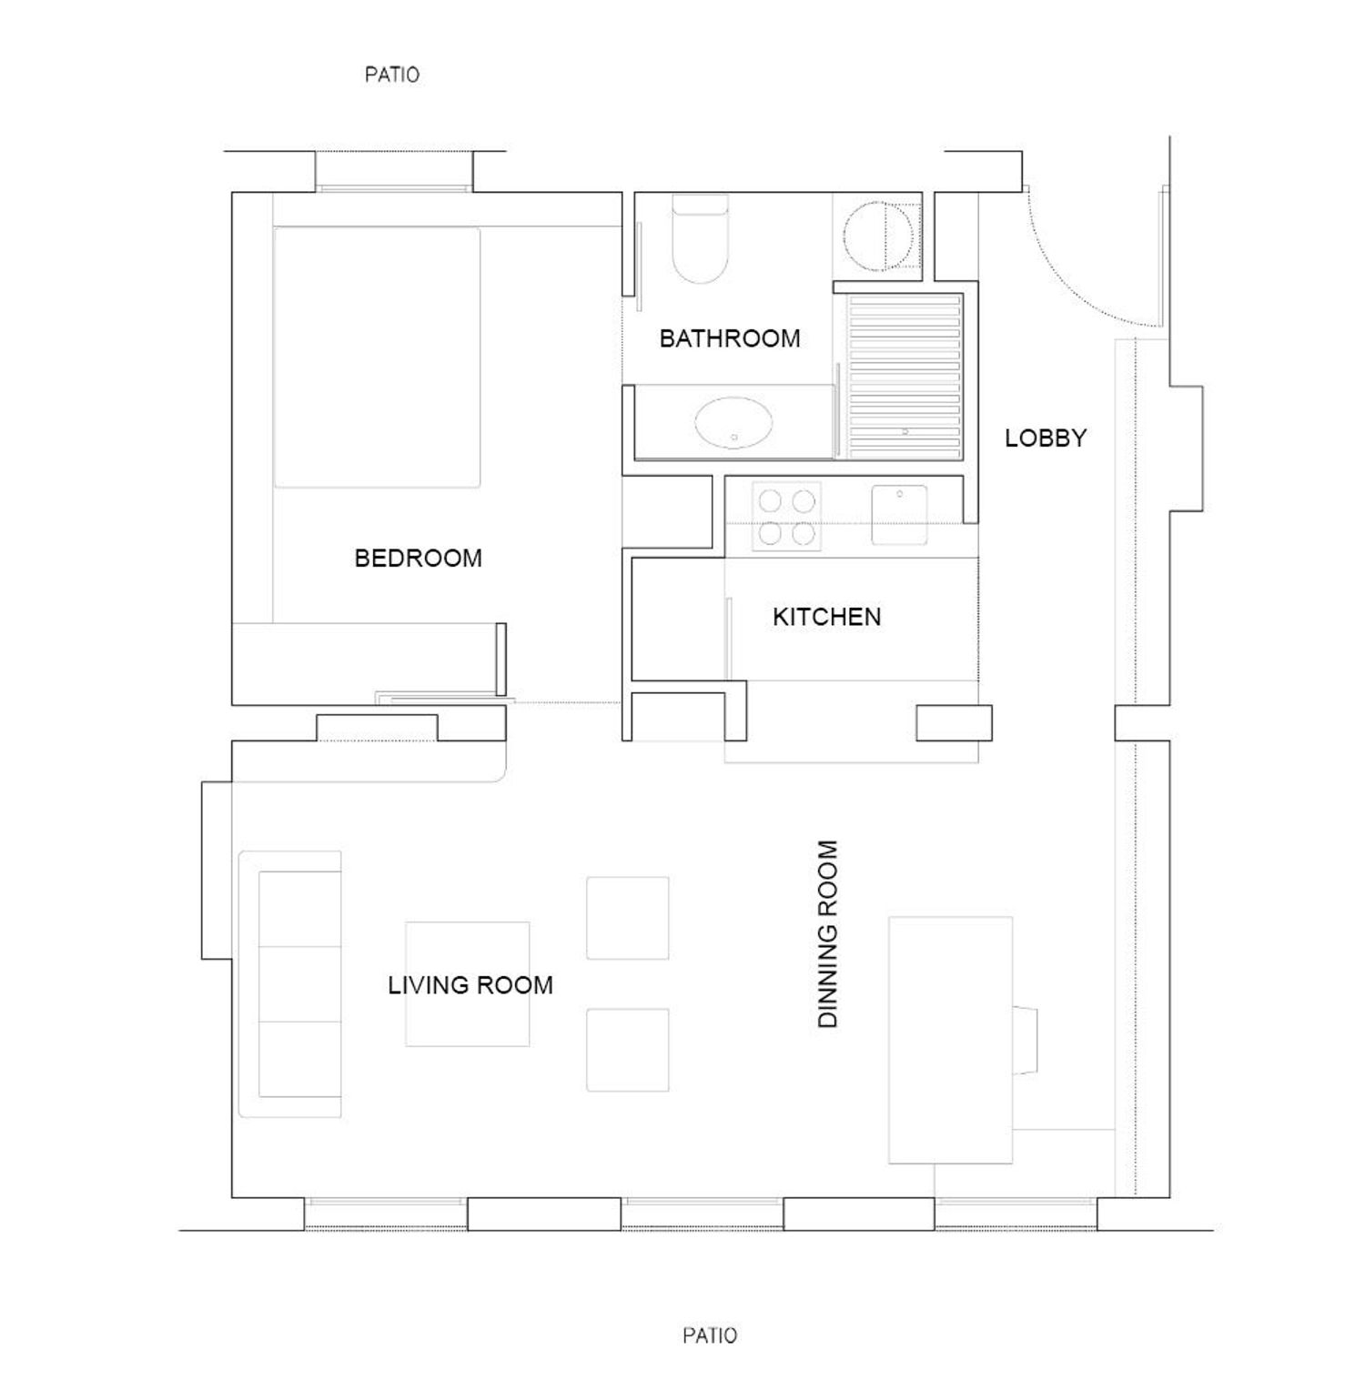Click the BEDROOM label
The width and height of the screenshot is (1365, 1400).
[418, 558]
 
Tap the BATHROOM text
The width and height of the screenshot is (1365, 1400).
[730, 338]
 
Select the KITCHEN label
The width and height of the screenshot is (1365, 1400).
[826, 617]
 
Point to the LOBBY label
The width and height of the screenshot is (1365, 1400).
[1046, 438]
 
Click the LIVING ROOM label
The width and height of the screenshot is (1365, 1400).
[470, 985]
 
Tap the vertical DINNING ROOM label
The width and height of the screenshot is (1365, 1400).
[827, 933]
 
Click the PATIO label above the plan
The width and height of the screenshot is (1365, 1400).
[392, 75]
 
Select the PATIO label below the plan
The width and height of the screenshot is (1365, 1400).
[710, 1335]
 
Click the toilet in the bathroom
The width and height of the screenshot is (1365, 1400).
[700, 238]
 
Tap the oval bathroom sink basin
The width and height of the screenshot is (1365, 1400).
[733, 423]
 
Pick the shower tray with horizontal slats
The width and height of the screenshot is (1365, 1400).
[905, 375]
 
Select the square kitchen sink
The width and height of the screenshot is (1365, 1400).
[899, 515]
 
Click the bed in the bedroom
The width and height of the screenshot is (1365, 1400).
[377, 357]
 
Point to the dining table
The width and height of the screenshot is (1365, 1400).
[950, 1040]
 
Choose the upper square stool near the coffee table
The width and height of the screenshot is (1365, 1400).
[628, 918]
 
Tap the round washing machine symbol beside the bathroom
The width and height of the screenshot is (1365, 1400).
[877, 237]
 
